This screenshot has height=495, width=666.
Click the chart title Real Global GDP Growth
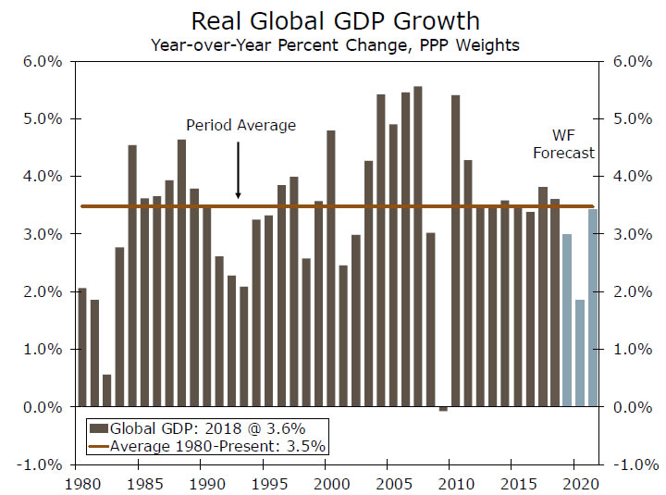point(336,20)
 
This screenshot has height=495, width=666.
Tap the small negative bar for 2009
point(443,409)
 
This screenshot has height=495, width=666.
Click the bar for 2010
point(455,251)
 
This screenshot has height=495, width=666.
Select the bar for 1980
point(82,347)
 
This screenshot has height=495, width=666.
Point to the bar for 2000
point(331,268)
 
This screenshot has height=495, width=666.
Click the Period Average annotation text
point(240,125)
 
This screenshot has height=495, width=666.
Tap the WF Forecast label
point(563,143)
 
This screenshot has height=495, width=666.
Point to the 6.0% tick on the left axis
point(43,62)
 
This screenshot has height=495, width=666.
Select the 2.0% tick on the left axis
point(43,292)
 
